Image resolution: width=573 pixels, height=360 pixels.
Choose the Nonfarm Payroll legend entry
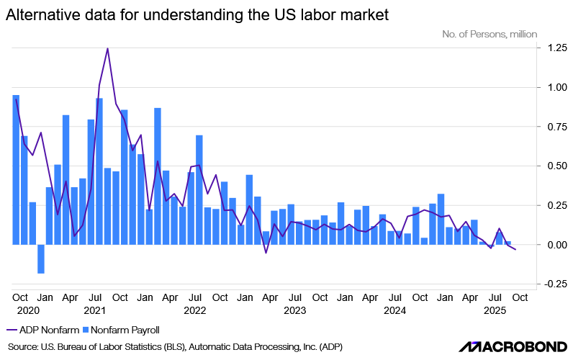click(x=121, y=330)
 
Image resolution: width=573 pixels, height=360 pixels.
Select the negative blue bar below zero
click(x=41, y=259)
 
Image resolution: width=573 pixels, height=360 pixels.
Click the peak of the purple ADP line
click(x=107, y=49)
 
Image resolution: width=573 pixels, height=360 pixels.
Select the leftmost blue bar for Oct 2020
click(x=16, y=170)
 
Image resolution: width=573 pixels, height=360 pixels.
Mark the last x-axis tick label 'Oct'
click(x=520, y=297)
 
